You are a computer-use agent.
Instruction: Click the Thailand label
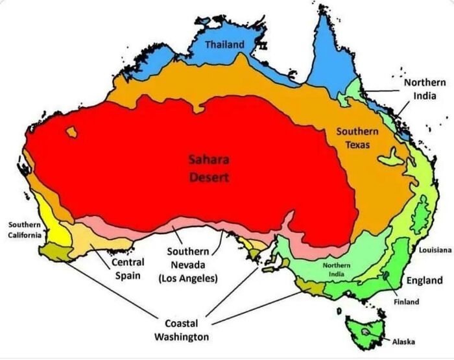coord(225,45)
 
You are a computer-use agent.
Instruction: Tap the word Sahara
coord(208,160)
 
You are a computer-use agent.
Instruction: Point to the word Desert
coord(209,176)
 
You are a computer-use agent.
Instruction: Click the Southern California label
coord(24,230)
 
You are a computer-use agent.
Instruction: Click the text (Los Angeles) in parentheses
coord(188,278)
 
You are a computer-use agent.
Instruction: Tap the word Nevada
coord(188,265)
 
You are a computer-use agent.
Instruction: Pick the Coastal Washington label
coord(181,330)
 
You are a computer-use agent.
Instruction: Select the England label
coord(424,280)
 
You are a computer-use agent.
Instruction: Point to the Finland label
coord(406,302)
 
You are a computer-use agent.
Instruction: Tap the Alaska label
coord(402,342)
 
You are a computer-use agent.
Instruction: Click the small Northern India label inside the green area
coord(337,270)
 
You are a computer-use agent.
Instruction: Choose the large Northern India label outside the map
coord(425,89)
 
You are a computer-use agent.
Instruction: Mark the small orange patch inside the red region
coord(71,132)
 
